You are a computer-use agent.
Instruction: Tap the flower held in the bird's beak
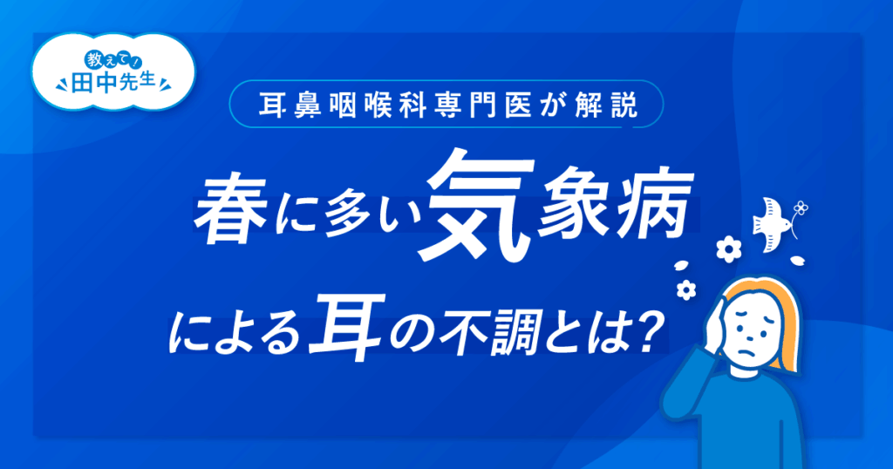[801, 207]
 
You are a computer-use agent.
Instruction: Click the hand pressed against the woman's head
[716, 325]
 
